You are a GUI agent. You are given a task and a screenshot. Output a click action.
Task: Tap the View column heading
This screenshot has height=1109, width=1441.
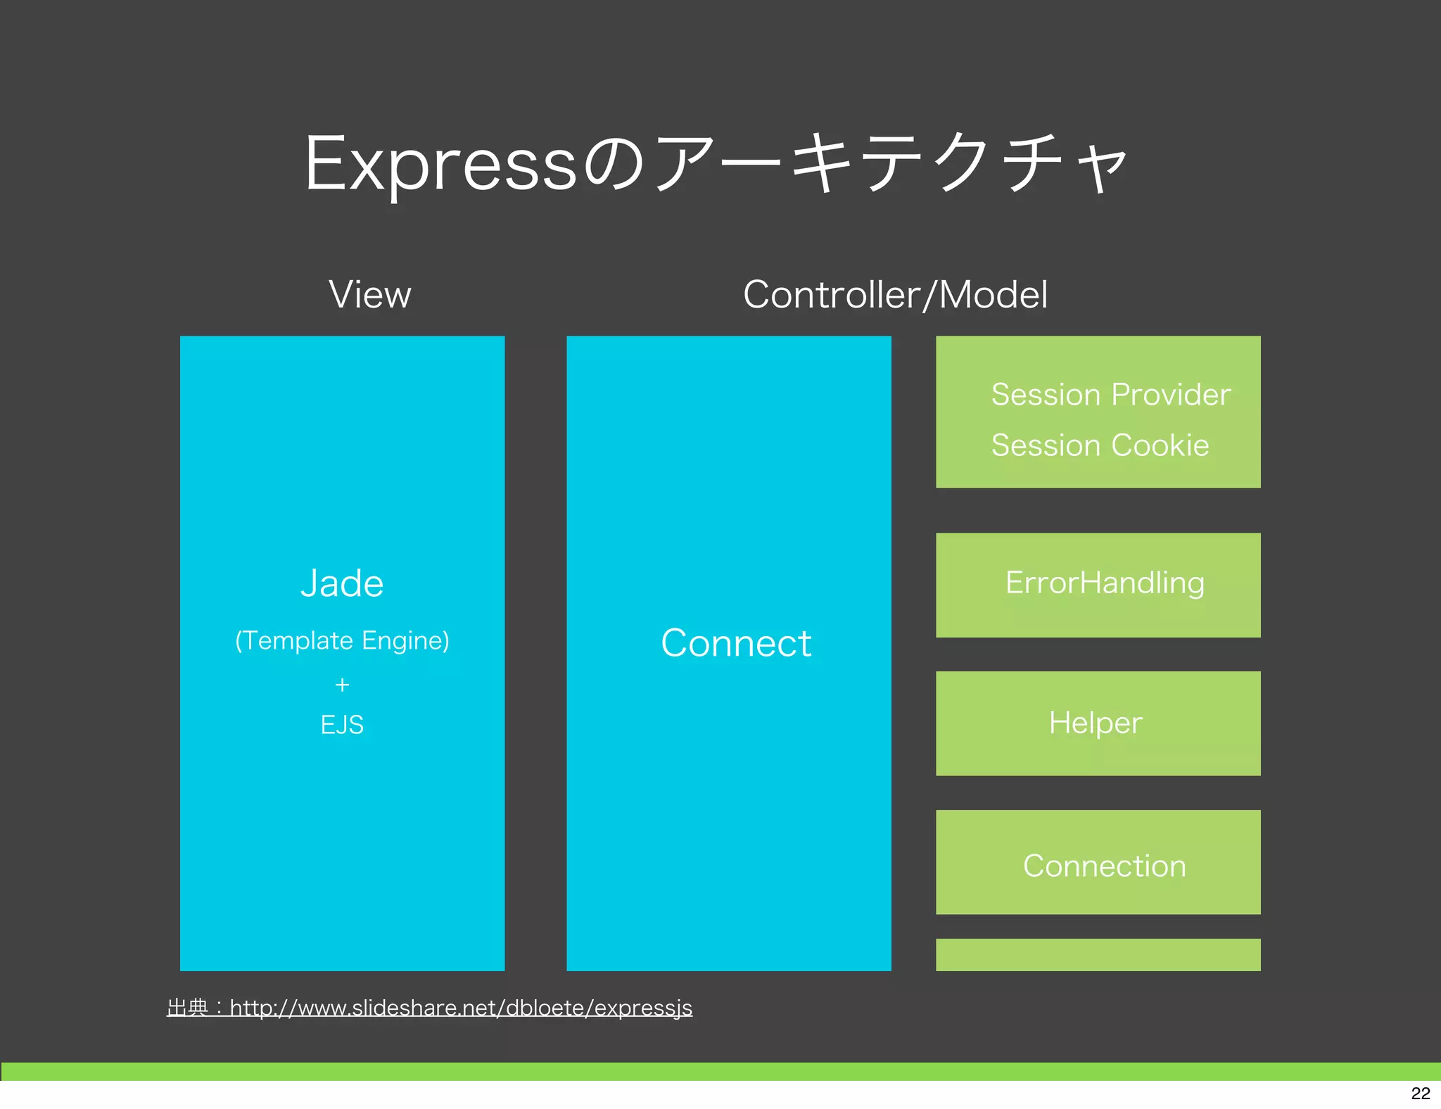(370, 294)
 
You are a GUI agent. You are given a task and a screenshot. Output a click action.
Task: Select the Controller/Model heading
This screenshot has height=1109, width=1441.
(895, 294)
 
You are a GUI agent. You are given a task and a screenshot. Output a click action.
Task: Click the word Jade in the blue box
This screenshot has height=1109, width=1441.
(342, 583)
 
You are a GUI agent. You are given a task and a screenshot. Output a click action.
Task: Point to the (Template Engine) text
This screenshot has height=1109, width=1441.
(342, 640)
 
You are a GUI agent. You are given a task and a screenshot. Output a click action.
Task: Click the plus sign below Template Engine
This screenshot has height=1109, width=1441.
(342, 685)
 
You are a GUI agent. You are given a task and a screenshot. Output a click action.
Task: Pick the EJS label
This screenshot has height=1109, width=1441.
(342, 725)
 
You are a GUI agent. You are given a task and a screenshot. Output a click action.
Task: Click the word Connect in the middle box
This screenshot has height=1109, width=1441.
(736, 643)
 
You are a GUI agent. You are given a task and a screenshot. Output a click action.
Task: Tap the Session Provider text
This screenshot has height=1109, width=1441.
(1110, 395)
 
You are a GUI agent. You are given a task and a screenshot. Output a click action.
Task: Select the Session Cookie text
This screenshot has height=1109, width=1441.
(1100, 445)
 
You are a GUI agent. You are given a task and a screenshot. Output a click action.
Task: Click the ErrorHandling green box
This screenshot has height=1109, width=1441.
(1098, 585)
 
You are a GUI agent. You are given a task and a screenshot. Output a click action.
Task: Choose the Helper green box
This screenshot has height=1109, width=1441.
(1098, 723)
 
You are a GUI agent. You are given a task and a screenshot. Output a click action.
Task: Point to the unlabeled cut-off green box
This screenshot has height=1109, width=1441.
(1098, 955)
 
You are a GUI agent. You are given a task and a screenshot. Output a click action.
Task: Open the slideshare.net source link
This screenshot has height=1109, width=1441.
(461, 1008)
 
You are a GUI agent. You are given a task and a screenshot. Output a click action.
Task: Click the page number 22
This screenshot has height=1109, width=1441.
(1421, 1093)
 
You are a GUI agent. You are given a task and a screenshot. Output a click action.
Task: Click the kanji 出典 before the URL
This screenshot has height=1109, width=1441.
(187, 1008)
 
